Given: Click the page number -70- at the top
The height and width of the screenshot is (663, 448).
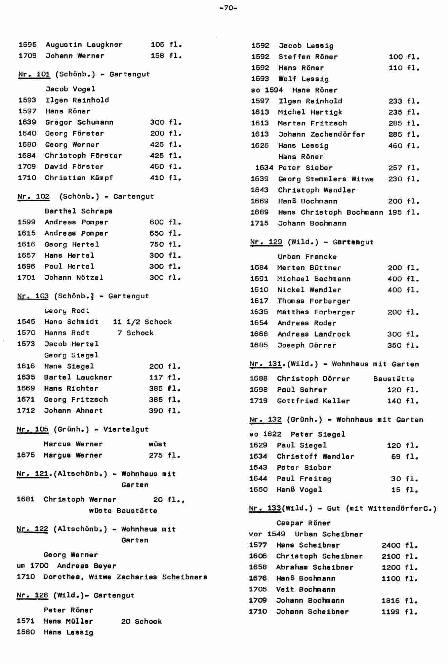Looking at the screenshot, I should coord(228,8).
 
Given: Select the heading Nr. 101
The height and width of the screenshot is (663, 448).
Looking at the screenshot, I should coord(34,74).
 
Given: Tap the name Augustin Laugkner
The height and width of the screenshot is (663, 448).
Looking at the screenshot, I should coord(84,45).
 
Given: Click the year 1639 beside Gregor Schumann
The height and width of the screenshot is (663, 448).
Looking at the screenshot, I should coord(28,122).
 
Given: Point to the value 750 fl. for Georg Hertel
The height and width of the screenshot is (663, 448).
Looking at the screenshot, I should coord(165,244).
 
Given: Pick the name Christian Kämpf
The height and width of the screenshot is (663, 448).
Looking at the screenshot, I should coord(79,178).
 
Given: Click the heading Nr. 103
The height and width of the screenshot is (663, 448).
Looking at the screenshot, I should coord(33,296).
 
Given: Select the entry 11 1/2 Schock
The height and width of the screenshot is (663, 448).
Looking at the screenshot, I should coord(142,322).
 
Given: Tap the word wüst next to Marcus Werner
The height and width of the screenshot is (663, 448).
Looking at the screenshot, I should coord(157,444).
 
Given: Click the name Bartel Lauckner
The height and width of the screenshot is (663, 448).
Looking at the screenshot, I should coord(78,377).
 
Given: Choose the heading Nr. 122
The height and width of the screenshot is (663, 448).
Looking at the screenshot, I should coord(32,529).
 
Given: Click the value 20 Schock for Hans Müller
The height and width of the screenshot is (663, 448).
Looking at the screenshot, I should coord(141,621).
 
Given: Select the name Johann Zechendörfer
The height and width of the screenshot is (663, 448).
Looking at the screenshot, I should coord(321,134).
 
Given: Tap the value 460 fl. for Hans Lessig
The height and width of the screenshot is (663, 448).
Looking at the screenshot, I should coord(404,146).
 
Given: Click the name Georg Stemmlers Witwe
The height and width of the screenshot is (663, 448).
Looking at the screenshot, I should coord(326,179).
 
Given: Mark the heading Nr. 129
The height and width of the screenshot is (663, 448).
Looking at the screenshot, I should coord(266,242).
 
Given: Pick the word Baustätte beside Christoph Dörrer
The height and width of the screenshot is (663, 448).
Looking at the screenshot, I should coord(393,379).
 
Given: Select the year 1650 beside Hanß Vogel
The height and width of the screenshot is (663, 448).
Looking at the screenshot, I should coord(258,490).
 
